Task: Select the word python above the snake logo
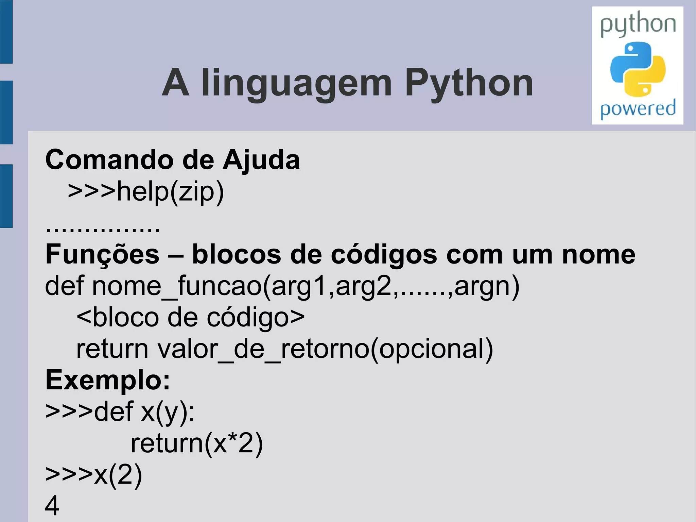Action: tap(638, 24)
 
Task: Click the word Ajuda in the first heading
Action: tap(261, 159)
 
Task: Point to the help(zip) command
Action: tap(146, 192)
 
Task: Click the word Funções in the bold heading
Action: tap(102, 254)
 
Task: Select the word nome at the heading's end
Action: tap(598, 254)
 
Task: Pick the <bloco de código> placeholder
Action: tap(190, 318)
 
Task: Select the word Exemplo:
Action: tap(108, 380)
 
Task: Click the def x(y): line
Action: tap(120, 412)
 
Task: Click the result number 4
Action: tap(52, 506)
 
